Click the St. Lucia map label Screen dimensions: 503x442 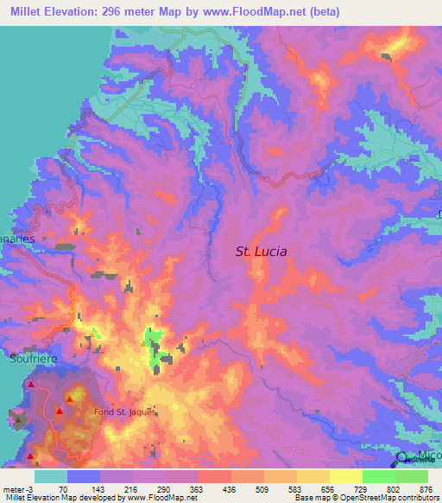262,251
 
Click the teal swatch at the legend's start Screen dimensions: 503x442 50,476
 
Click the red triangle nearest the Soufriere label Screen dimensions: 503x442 31,384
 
